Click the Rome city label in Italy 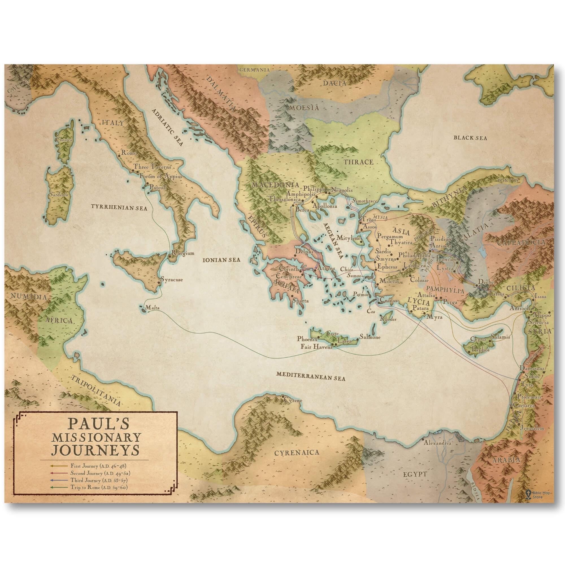pyautogui.click(x=127, y=152)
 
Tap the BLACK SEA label pyautogui.click(x=470, y=138)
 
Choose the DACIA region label pyautogui.click(x=334, y=83)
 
